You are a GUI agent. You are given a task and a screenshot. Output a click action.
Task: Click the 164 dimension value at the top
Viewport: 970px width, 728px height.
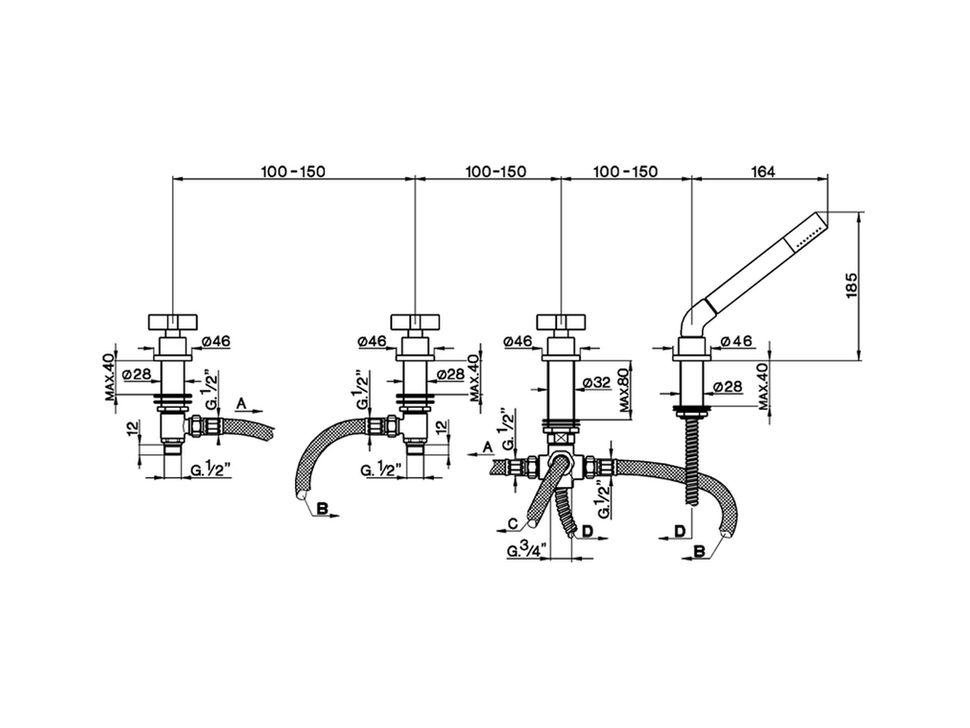pos(763,171)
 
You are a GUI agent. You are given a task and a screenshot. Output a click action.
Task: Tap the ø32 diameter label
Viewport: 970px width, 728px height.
pos(599,384)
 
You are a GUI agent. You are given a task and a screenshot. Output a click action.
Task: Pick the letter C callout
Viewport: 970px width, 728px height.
pos(513,523)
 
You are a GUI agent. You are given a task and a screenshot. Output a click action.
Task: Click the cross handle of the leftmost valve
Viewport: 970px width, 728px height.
pos(173,319)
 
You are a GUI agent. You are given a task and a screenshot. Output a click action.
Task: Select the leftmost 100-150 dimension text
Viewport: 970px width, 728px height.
pos(293,171)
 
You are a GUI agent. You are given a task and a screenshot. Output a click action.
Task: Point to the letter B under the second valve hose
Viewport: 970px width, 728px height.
pos(321,510)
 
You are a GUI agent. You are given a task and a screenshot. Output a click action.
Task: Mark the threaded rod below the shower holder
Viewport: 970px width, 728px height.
pos(692,455)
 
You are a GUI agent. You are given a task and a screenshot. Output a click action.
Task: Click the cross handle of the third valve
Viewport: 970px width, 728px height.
pos(561,319)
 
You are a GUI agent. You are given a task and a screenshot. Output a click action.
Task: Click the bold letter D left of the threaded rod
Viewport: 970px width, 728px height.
pos(681,529)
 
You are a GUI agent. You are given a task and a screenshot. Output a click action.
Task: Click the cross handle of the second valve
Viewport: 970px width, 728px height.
pos(415,319)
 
